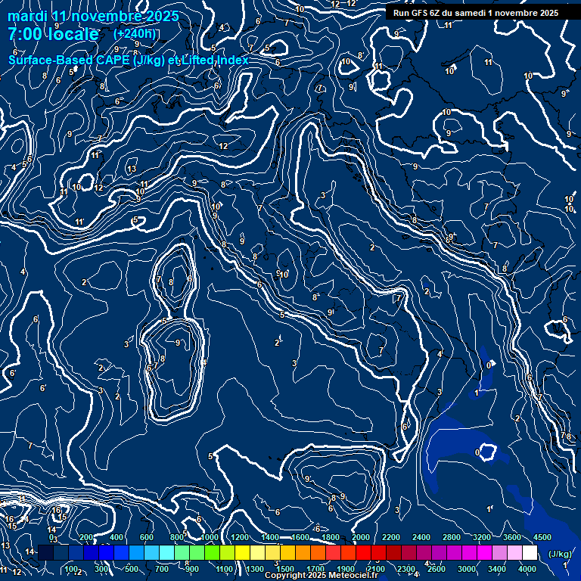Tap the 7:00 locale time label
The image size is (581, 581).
53,35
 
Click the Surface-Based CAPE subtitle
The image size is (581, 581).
129,60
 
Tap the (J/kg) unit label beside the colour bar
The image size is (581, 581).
560,554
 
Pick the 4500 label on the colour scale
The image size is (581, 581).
542,537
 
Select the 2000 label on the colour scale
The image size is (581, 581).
360,537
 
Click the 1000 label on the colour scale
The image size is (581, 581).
208,537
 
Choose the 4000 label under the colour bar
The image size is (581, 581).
527,569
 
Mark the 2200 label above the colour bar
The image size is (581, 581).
390,537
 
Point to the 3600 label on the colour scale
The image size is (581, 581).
511,537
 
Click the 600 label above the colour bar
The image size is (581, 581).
147,537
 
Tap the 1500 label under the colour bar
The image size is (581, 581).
284,569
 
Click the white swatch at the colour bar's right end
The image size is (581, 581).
530,553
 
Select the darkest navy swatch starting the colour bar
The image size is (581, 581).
45,553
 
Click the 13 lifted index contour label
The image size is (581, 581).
132,169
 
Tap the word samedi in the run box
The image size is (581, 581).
471,13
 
